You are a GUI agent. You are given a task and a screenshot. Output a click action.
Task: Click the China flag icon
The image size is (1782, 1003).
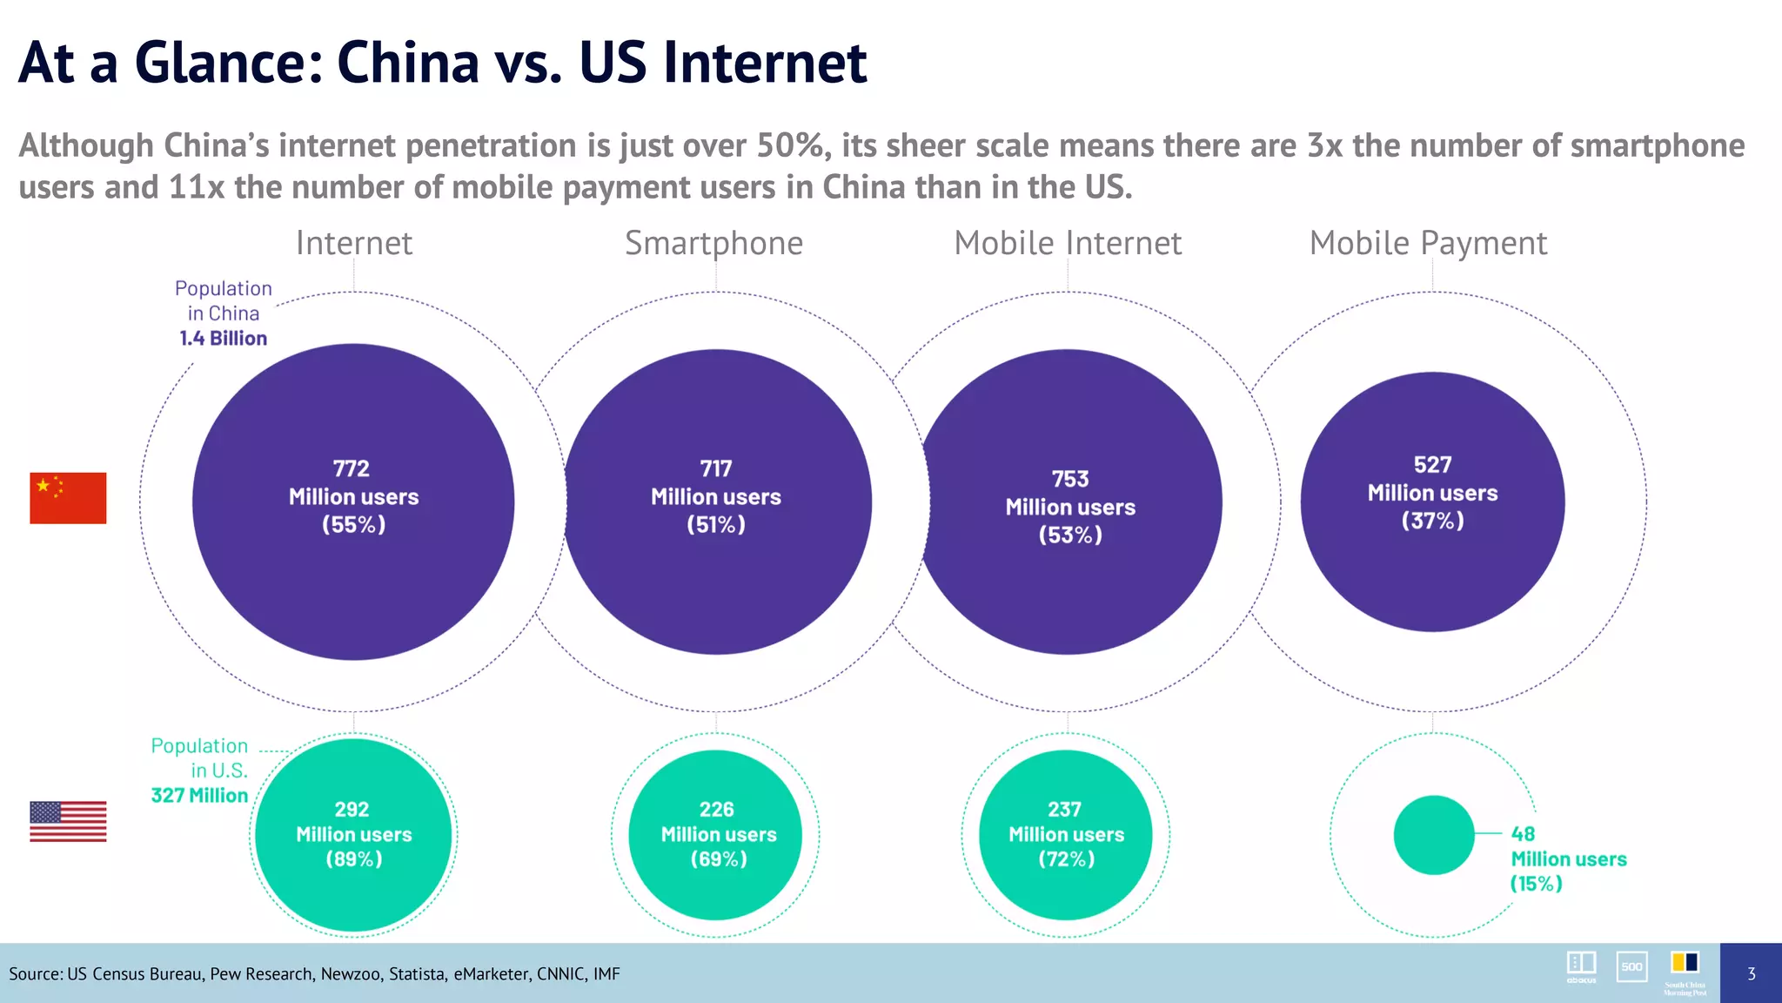pos(68,498)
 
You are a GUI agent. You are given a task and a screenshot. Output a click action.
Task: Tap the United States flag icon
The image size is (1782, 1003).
pos(68,821)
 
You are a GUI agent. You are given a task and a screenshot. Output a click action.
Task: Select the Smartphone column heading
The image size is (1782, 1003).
pos(713,243)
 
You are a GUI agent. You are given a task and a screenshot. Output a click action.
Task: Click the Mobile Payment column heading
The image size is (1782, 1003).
pos(1428,243)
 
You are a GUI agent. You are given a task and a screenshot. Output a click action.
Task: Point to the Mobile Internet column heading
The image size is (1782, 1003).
pos(1068,243)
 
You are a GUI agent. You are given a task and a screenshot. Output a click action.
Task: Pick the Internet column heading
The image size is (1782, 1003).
pos(353,243)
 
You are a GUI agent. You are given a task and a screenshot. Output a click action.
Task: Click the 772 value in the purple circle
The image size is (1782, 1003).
pos(352,468)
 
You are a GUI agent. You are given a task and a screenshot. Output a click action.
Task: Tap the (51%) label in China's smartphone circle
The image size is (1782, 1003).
pos(716,524)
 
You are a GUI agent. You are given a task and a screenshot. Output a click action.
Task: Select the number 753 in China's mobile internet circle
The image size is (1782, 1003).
pos(1069,479)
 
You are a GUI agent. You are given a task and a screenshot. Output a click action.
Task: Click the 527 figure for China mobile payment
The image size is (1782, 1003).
pos(1432,465)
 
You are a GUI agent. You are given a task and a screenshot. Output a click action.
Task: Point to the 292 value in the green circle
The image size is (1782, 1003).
pos(352,809)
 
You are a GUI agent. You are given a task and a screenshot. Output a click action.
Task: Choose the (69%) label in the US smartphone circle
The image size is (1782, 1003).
pos(719,858)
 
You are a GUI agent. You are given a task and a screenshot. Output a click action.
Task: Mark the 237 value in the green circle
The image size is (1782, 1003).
pos(1064,809)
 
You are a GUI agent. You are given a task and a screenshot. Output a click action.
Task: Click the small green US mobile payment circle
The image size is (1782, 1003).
pos(1433,834)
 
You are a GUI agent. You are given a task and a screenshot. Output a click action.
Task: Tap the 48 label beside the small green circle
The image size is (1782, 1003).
pos(1523,833)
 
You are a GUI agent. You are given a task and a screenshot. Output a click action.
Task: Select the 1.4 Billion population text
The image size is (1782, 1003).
pos(224,338)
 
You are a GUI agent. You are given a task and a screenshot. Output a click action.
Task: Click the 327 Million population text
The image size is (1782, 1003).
pos(199,795)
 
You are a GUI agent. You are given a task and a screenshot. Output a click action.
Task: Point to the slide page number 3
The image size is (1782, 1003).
pos(1751,973)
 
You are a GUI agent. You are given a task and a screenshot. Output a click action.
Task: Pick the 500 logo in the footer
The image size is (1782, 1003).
pos(1631,966)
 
